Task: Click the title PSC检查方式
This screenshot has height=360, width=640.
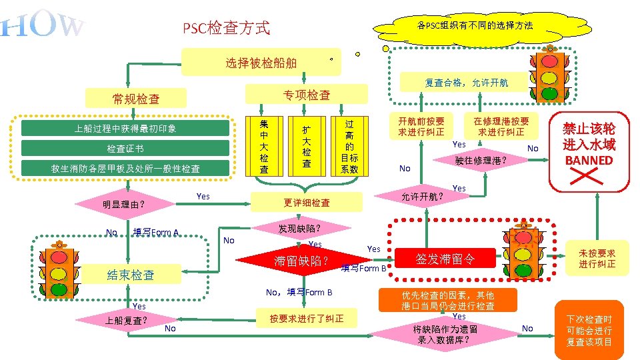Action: pyautogui.click(x=227, y=28)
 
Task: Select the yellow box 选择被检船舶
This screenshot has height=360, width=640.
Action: pyautogui.click(x=261, y=63)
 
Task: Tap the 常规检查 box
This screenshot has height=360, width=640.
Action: pyautogui.click(x=136, y=99)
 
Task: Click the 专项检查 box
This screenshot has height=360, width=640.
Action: pyautogui.click(x=307, y=95)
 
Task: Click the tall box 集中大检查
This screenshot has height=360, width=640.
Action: pyautogui.click(x=264, y=146)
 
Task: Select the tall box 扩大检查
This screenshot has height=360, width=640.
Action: pyautogui.click(x=306, y=146)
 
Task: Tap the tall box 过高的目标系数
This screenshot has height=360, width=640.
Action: pyautogui.click(x=349, y=146)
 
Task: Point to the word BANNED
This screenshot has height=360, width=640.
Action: pyautogui.click(x=588, y=160)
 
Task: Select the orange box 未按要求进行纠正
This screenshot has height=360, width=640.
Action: pyautogui.click(x=597, y=259)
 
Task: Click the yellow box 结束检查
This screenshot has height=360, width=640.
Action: pyautogui.click(x=131, y=275)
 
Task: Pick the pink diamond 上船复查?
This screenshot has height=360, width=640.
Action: pyautogui.click(x=125, y=320)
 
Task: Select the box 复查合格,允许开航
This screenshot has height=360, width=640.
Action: pyautogui.click(x=466, y=83)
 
